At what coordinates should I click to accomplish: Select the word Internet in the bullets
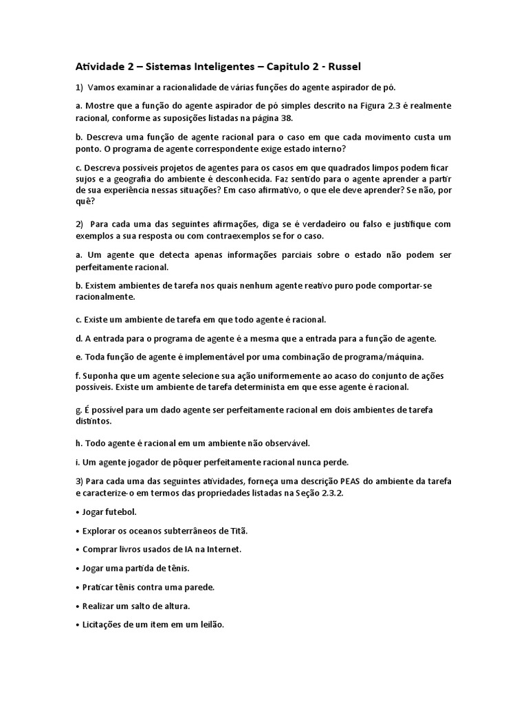click(224, 549)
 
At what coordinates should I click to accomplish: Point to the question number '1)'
click(79, 87)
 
